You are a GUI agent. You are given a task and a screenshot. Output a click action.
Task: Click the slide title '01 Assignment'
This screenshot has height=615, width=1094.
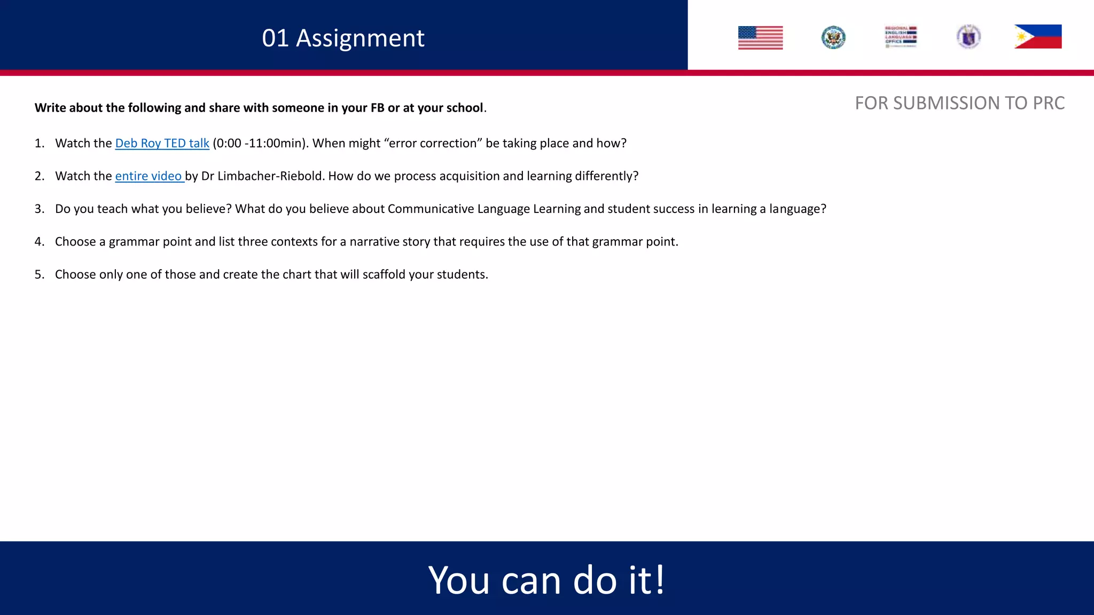pos(343,38)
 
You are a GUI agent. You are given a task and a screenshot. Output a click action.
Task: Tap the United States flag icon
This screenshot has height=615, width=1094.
pos(760,38)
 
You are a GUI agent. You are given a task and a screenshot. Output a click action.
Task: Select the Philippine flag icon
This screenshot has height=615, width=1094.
pos(1037,37)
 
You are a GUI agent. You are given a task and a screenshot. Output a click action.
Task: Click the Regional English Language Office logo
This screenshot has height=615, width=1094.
pos(901,37)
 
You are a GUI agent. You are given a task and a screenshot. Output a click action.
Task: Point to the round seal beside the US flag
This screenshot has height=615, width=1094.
pos(833,37)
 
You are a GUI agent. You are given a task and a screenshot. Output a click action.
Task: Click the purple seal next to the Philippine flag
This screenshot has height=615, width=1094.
pos(968,37)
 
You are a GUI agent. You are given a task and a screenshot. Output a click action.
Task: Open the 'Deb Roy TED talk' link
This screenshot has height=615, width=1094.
pos(162,143)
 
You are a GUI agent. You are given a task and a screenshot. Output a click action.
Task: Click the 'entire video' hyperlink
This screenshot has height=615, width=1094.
pos(149,176)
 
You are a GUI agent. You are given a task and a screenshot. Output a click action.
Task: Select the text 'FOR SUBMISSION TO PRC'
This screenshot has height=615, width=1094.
pos(959,103)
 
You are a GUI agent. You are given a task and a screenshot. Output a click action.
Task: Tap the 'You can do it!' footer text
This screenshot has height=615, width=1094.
pos(546,580)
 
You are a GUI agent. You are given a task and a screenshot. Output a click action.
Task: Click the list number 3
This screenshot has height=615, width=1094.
pos(39,209)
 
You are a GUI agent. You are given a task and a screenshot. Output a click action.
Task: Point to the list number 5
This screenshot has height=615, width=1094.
pos(39,275)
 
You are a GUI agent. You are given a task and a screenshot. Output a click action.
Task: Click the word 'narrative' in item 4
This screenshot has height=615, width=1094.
pos(374,242)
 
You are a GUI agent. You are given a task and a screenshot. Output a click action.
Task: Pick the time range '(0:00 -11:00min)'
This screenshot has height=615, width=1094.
pos(260,143)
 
